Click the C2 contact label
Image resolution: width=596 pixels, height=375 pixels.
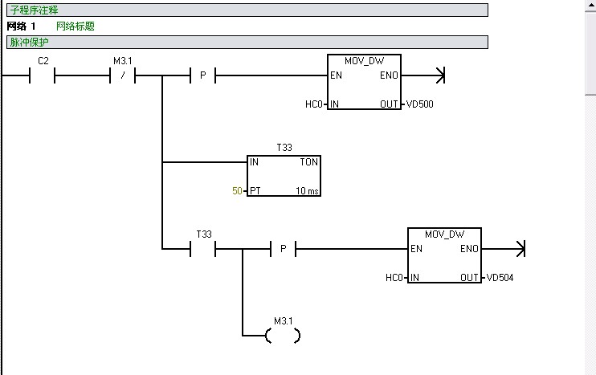coord(43,62)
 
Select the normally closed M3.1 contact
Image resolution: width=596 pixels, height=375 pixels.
coord(122,76)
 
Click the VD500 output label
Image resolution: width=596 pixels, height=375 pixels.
coord(419,104)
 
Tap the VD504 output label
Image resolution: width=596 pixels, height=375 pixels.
coord(499,278)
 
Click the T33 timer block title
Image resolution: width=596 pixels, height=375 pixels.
coord(284,149)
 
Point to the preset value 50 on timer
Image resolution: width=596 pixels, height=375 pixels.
coord(236,191)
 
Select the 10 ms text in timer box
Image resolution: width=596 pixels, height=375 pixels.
coord(306,191)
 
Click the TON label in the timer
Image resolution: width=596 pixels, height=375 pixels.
coord(308,162)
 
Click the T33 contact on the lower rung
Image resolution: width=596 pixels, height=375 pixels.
coord(203,249)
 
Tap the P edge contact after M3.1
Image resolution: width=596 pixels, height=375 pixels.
coord(202,76)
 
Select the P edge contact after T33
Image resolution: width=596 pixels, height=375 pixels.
coord(283,250)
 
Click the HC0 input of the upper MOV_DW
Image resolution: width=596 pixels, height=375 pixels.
coord(313,104)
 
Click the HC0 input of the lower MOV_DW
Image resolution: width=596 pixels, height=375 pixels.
coord(394,278)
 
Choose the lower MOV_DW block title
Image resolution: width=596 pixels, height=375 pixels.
coord(444,234)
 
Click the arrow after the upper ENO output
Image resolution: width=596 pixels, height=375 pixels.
coord(439,76)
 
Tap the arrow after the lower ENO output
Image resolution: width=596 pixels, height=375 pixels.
coord(519,250)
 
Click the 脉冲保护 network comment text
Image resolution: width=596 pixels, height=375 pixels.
coord(29,42)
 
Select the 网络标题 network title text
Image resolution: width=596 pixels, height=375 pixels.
coord(76,26)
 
